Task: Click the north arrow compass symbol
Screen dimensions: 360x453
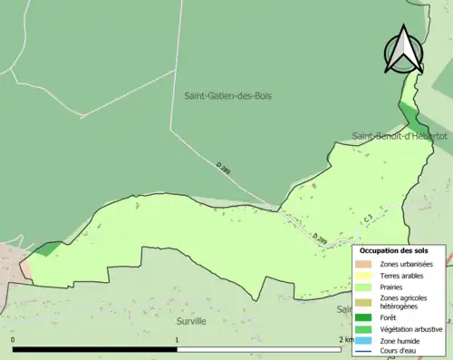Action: click(x=403, y=50)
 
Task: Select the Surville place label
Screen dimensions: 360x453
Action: click(x=188, y=321)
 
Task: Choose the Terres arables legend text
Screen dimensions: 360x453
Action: click(x=402, y=276)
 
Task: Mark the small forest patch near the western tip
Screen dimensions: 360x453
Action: click(x=51, y=248)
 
